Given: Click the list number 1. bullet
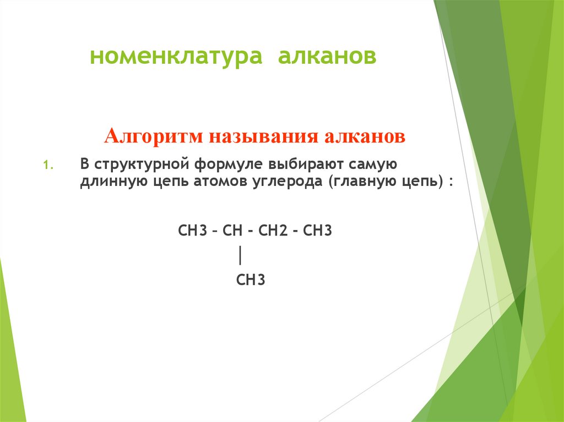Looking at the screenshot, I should pyautogui.click(x=47, y=165).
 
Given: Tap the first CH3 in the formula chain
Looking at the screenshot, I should pyautogui.click(x=192, y=230).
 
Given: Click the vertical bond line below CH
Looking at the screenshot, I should pyautogui.click(x=241, y=256).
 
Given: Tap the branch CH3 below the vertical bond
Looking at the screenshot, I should pyautogui.click(x=251, y=281).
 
